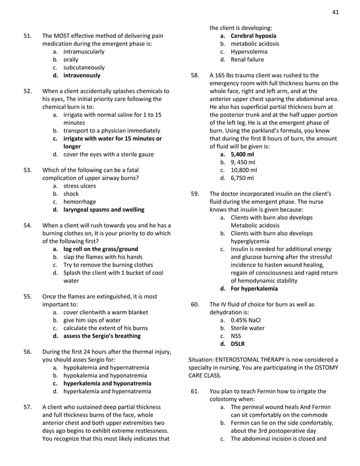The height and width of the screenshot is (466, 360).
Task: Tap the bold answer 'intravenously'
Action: tap(82, 75)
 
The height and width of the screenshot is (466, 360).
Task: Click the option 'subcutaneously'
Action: tap(84, 67)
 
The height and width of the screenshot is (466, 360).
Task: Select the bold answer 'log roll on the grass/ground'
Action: tap(100, 249)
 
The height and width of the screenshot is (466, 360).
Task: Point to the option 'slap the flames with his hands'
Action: tap(103, 257)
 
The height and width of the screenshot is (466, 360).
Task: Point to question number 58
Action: tap(195, 75)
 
